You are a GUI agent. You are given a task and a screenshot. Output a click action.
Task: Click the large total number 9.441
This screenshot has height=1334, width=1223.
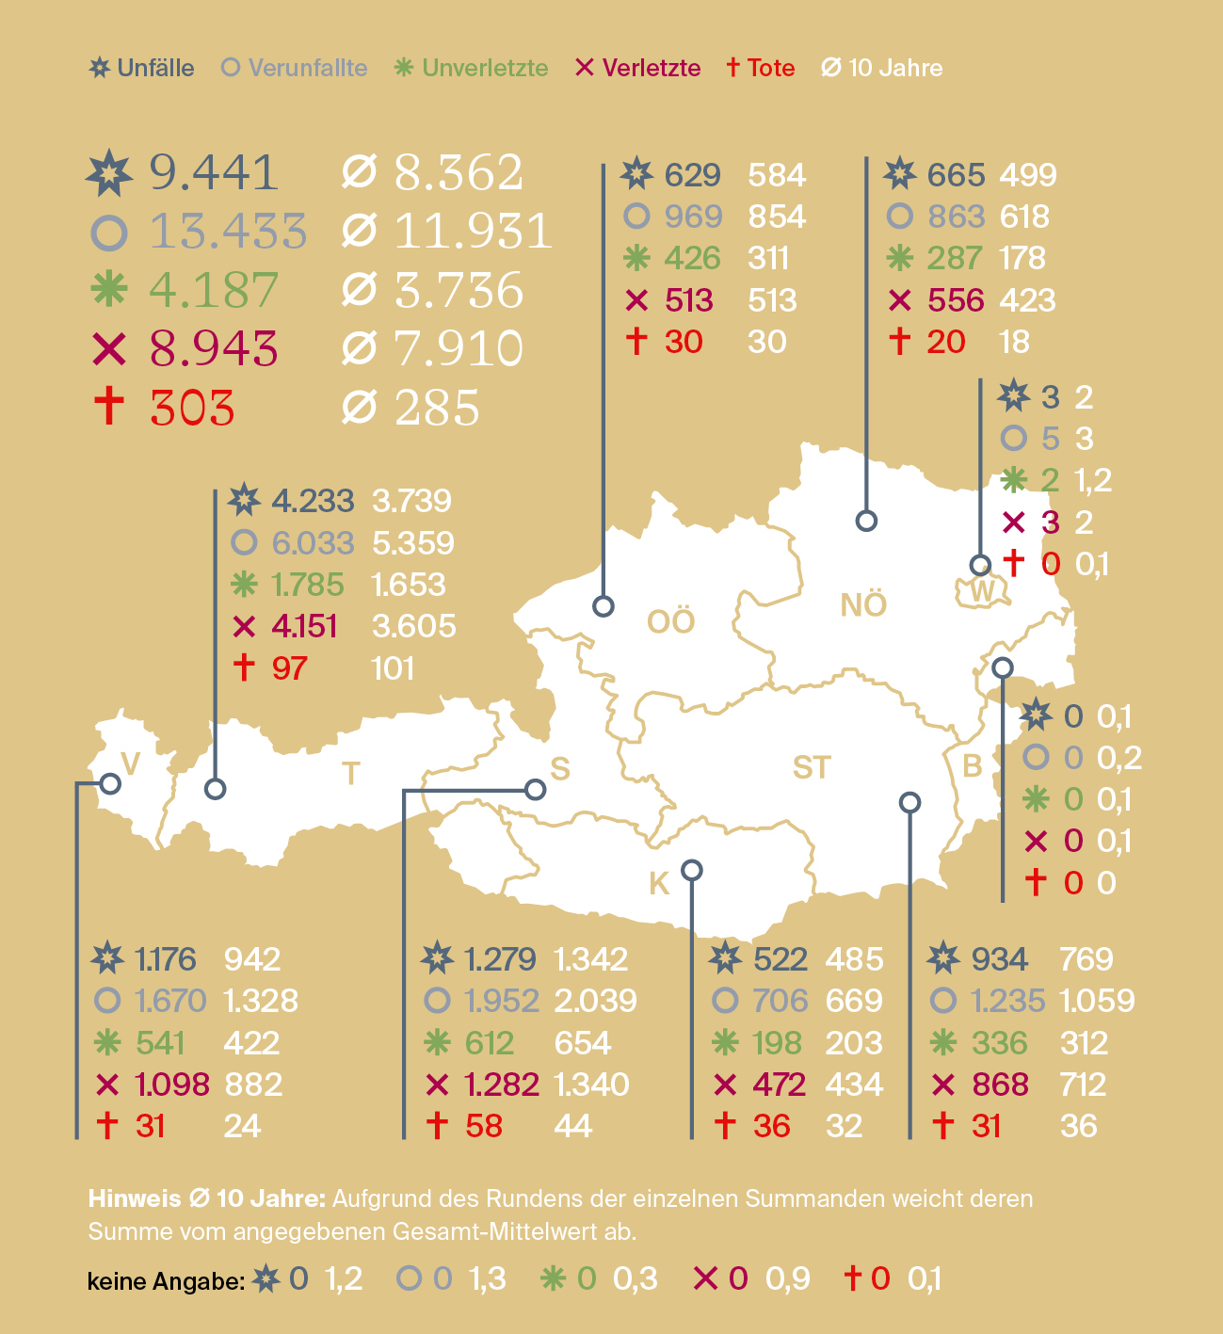[214, 172]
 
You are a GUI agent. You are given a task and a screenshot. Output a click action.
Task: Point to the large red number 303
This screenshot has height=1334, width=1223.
[192, 408]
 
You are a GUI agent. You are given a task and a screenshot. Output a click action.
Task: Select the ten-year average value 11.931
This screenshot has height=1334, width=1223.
[473, 232]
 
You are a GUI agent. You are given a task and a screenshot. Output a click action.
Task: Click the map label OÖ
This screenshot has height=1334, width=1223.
[670, 621]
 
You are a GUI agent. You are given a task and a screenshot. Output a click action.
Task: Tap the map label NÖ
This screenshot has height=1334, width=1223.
[863, 604]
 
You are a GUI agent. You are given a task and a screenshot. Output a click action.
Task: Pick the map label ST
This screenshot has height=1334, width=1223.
[812, 767]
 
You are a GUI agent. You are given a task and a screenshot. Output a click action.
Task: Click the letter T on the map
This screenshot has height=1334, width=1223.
[351, 774]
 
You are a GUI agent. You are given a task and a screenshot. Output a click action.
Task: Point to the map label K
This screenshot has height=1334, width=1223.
[659, 883]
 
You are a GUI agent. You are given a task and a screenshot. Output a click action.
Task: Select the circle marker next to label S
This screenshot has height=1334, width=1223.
[535, 789]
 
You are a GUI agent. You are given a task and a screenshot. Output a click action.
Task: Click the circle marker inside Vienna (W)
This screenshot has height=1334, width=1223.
[980, 565]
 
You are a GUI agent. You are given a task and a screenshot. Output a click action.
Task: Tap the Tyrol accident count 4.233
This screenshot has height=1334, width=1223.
[313, 501]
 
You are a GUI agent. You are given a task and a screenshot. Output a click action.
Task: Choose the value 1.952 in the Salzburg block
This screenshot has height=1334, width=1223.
[502, 1001]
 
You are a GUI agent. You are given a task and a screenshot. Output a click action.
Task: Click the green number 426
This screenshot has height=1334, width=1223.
[692, 258]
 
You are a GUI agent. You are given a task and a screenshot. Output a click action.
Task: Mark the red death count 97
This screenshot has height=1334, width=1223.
[289, 668]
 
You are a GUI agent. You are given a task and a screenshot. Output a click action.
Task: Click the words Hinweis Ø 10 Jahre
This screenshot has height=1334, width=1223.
[206, 1198]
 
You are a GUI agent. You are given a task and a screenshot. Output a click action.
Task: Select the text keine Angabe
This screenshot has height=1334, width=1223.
[166, 1281]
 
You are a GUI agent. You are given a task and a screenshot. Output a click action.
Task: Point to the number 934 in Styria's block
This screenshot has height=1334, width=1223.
[1000, 959]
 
